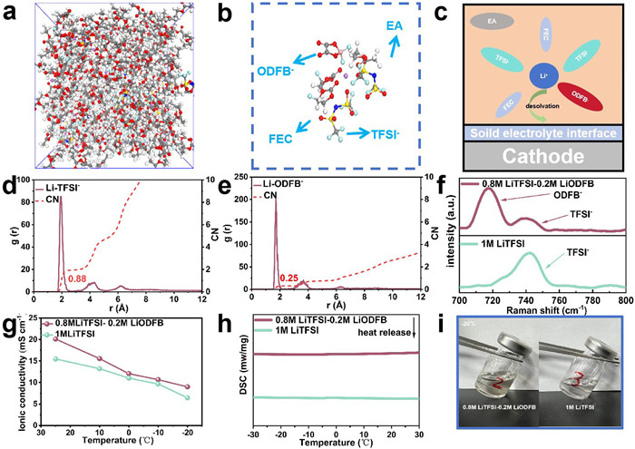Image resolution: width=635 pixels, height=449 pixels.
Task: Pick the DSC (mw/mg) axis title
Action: (x=224, y=376)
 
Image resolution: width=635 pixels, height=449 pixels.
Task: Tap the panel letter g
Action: (x=7, y=321)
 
